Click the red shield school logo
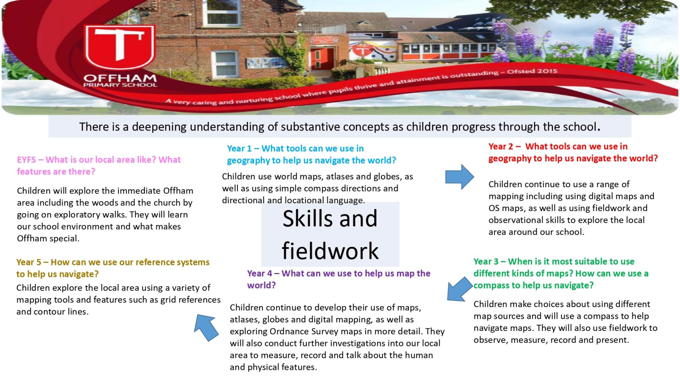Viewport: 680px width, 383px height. click(120, 47)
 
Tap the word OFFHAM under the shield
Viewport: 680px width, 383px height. click(120, 78)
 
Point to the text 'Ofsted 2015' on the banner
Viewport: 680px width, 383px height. click(532, 71)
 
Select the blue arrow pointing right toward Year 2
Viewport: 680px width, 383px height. click(460, 177)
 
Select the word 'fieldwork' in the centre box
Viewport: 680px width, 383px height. click(330, 251)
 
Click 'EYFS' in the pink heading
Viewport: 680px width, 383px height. click(27, 160)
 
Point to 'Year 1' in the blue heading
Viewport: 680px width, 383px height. click(239, 148)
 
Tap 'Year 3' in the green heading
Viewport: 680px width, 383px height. click(486, 261)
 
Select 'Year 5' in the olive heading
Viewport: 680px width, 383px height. click(29, 262)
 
